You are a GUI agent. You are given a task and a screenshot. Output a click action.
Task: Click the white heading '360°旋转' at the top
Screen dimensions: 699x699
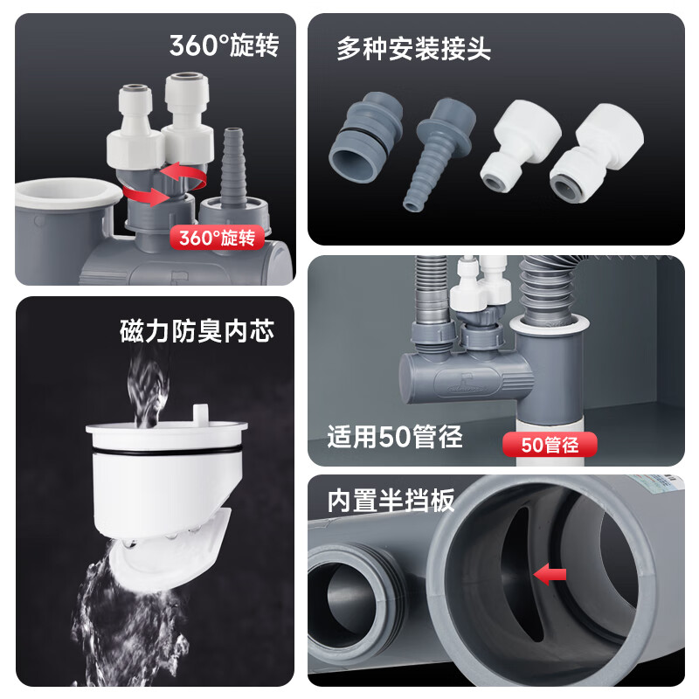[x=225, y=45]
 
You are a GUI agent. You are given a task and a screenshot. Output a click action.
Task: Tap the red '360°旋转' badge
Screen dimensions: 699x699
[x=217, y=238]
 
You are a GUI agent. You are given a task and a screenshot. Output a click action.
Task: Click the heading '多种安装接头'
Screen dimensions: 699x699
[x=413, y=49]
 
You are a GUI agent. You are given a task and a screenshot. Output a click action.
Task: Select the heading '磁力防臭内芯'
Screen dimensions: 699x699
[x=197, y=331]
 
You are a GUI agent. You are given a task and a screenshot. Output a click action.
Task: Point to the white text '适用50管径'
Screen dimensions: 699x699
[x=395, y=436]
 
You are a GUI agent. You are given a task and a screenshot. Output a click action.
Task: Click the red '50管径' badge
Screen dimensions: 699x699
[x=550, y=445]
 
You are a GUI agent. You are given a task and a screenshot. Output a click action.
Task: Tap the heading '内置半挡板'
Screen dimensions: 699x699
[x=391, y=500]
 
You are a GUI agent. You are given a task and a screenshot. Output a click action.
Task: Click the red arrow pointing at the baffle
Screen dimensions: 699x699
[x=550, y=574]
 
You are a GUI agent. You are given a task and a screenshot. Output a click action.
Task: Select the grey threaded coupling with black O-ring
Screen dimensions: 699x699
[x=366, y=138]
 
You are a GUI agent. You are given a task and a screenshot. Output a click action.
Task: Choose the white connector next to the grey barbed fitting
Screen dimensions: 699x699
[x=521, y=146]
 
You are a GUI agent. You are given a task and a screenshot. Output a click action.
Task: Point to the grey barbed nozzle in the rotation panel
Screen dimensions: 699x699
[x=233, y=167]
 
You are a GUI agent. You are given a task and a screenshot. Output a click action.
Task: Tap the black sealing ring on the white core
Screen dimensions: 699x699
[x=166, y=451]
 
